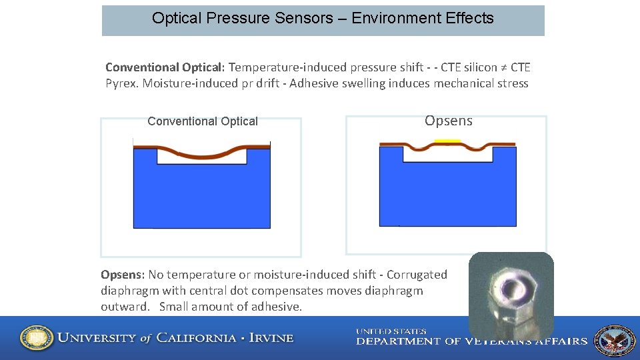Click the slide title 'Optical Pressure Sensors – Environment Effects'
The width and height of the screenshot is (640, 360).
point(323,19)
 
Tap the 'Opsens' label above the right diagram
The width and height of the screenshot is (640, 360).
point(448,121)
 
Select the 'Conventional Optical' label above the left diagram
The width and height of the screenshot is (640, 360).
point(202,121)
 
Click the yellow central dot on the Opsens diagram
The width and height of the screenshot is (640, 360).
point(447,141)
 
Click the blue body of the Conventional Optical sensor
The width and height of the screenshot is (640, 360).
point(201,197)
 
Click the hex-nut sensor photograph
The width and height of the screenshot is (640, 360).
point(511,293)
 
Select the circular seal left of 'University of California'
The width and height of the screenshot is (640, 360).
point(37,338)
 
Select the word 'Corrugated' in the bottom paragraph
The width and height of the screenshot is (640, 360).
point(417,275)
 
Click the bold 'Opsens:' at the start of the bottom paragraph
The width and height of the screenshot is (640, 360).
point(123,275)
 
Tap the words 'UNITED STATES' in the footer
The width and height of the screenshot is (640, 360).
point(391,331)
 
